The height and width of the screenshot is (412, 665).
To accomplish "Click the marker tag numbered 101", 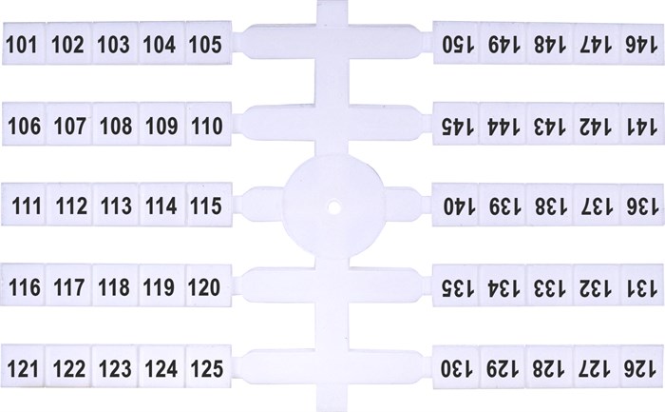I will pos(23,44).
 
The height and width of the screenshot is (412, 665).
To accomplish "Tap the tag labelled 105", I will pos(205,44).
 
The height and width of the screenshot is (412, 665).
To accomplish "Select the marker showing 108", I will pos(115,124).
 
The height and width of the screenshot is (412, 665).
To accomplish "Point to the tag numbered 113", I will pos(115,205).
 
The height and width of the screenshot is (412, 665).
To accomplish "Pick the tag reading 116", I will pos(23,284).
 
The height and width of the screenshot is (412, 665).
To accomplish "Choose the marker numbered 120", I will pos(205,284).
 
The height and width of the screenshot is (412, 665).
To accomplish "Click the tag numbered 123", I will pos(115,366).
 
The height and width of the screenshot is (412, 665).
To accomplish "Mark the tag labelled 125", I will pos(205,366).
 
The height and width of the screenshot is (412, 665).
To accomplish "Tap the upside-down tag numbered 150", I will pos(455,44).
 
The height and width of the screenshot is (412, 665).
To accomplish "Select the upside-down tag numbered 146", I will pos(639,44).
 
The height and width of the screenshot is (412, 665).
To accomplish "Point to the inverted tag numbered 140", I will pos(455,206).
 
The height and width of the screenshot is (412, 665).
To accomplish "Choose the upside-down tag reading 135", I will pos(455,285).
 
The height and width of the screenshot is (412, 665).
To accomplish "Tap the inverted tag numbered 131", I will pos(639,285).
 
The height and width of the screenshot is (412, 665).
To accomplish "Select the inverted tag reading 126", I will pos(639,366).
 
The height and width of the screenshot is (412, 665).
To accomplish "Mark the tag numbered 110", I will pos(205,124).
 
